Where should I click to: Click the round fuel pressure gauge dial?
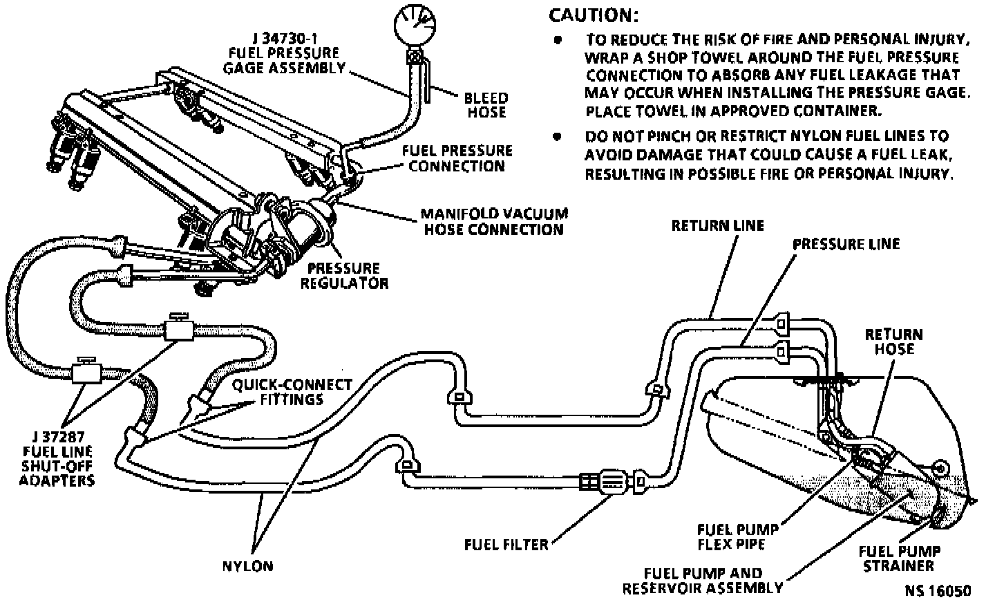[415, 26]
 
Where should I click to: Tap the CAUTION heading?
[594, 15]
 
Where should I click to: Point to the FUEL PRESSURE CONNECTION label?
[457, 158]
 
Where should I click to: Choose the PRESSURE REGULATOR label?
[344, 275]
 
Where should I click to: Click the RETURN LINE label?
[718, 225]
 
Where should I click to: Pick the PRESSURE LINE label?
[846, 243]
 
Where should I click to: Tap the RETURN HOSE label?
[893, 341]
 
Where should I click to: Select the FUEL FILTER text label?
[506, 544]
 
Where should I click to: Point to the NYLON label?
[247, 566]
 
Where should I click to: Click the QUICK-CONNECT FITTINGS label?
[292, 392]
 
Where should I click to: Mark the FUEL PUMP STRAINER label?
[899, 559]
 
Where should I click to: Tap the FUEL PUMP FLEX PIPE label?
[738, 536]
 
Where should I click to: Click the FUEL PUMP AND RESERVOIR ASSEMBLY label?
[703, 581]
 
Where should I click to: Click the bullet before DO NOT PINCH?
[557, 136]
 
